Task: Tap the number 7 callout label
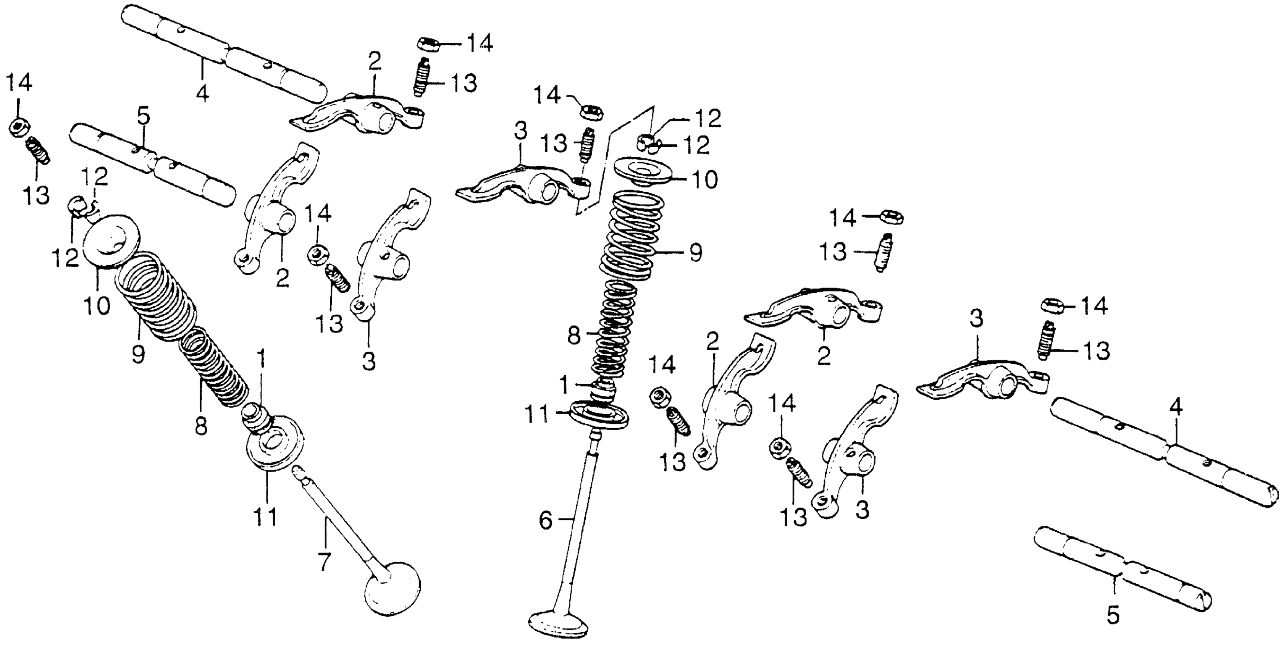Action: coord(324,562)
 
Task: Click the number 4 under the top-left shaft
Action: coord(202,93)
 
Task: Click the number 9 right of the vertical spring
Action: coord(695,253)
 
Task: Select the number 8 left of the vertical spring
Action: coord(573,336)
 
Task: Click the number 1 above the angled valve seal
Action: coord(260,358)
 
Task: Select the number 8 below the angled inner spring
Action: coord(200,426)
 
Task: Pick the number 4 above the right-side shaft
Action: coord(1175,408)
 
